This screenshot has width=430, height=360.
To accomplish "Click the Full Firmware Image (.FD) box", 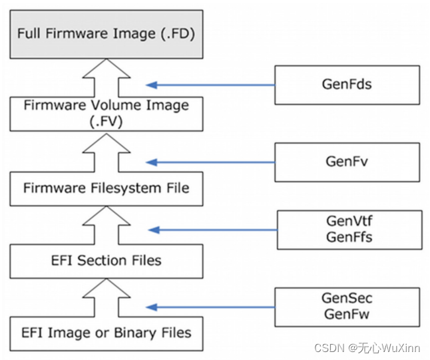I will click(107, 33).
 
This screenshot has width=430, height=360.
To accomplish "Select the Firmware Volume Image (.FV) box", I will click(107, 113).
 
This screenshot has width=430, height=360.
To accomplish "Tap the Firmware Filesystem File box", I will click(107, 188).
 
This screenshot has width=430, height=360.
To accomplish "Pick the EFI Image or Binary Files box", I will click(107, 333).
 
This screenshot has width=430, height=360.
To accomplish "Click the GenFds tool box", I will click(347, 85).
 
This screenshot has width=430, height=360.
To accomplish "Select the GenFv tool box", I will click(347, 162).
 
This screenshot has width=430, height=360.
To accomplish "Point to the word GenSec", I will click(347, 299).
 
